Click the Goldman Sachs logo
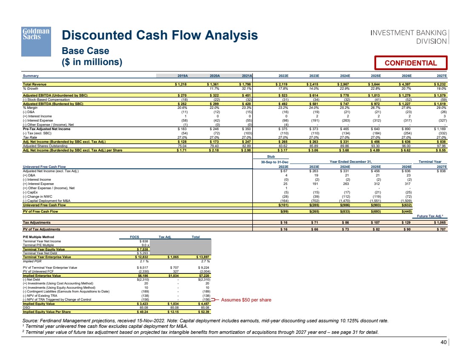[36, 41]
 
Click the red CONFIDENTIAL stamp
[411, 63]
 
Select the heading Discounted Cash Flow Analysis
[160, 35]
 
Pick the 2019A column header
[182, 76]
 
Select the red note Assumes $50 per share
[246, 300]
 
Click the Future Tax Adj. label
[434, 216]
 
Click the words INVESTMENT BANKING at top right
[408, 33]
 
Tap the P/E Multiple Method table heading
[38, 237]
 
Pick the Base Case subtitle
[86, 51]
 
